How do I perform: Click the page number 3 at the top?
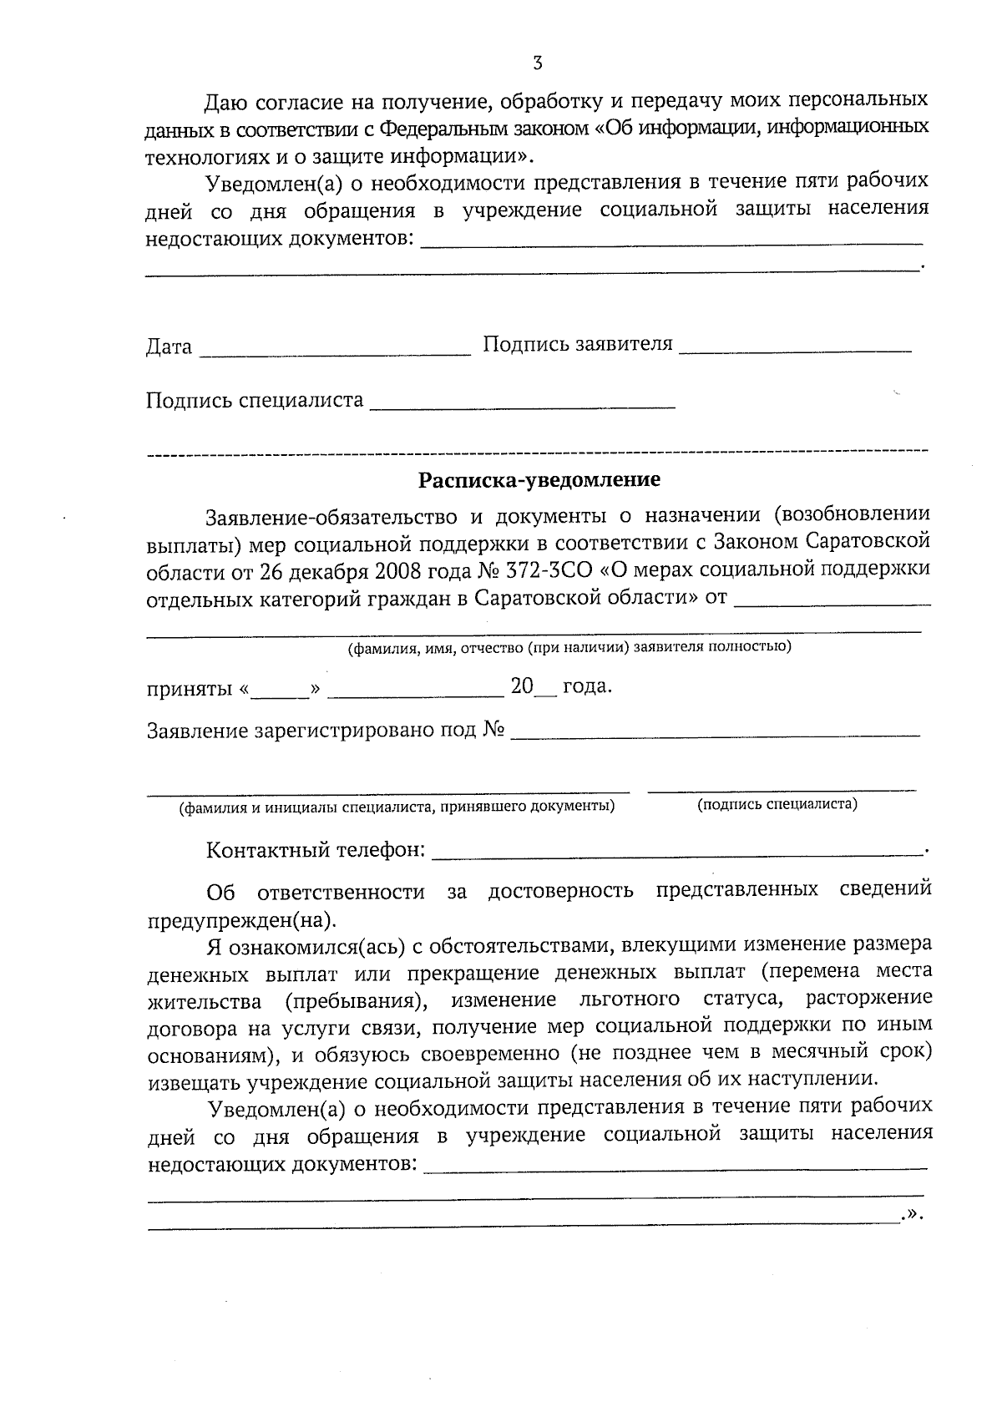click(x=537, y=63)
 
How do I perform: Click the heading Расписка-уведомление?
click(x=539, y=480)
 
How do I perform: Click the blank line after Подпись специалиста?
click(x=522, y=406)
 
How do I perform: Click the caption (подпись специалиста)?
click(x=777, y=804)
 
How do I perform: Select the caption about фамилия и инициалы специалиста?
click(x=397, y=807)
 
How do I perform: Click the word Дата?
click(x=169, y=347)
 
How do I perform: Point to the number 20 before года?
click(x=522, y=686)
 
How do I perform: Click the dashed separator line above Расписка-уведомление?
click(x=537, y=453)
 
